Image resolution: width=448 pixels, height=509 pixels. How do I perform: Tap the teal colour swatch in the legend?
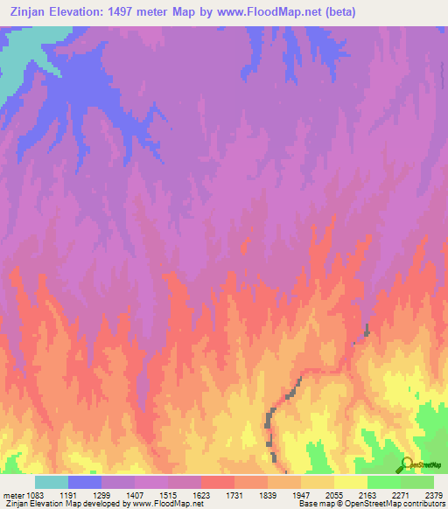pyautogui.click(x=51, y=482)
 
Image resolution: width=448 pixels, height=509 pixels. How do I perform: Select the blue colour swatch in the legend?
pyautogui.click(x=84, y=482)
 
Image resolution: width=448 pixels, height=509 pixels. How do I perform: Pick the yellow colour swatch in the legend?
pyautogui.click(x=350, y=482)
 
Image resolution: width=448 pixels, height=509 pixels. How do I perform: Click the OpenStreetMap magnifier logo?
pyautogui.click(x=406, y=464)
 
